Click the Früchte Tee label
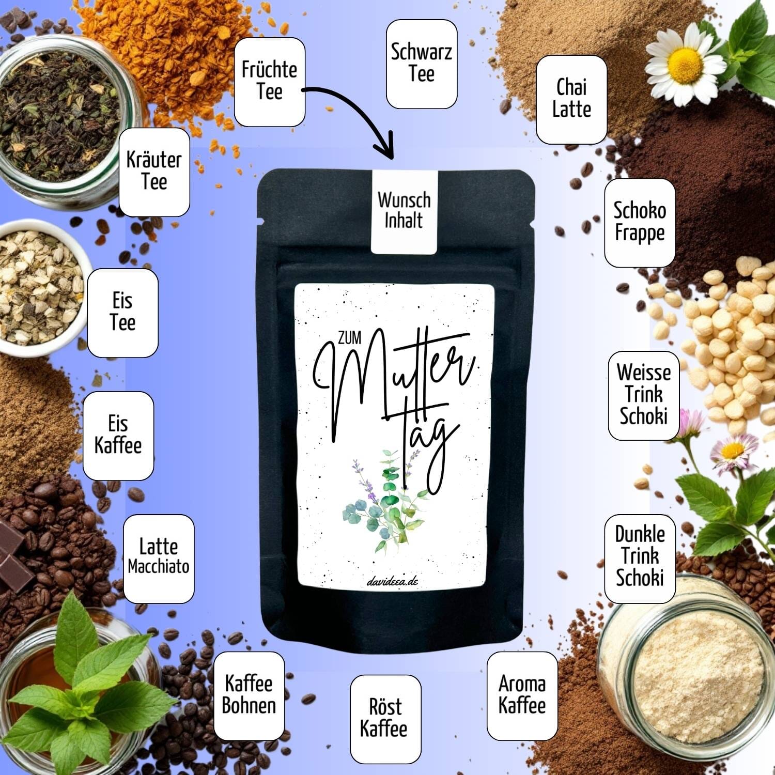270,82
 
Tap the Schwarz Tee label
422,64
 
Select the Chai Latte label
571,100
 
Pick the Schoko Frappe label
640,223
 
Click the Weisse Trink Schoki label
644,396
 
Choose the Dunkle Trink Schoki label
640,559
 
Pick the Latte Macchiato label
159,559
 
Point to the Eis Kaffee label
118,436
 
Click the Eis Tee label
122,313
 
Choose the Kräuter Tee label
154,172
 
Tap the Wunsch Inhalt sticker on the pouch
404,211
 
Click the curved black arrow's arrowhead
385,147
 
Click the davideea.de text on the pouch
392,581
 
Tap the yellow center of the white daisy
685,65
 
